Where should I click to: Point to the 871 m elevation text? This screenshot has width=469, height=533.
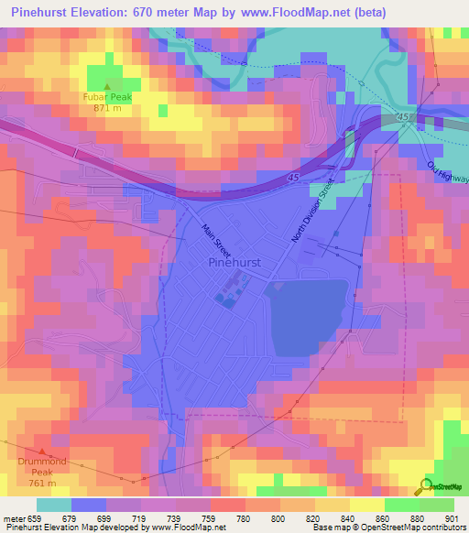(108, 107)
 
